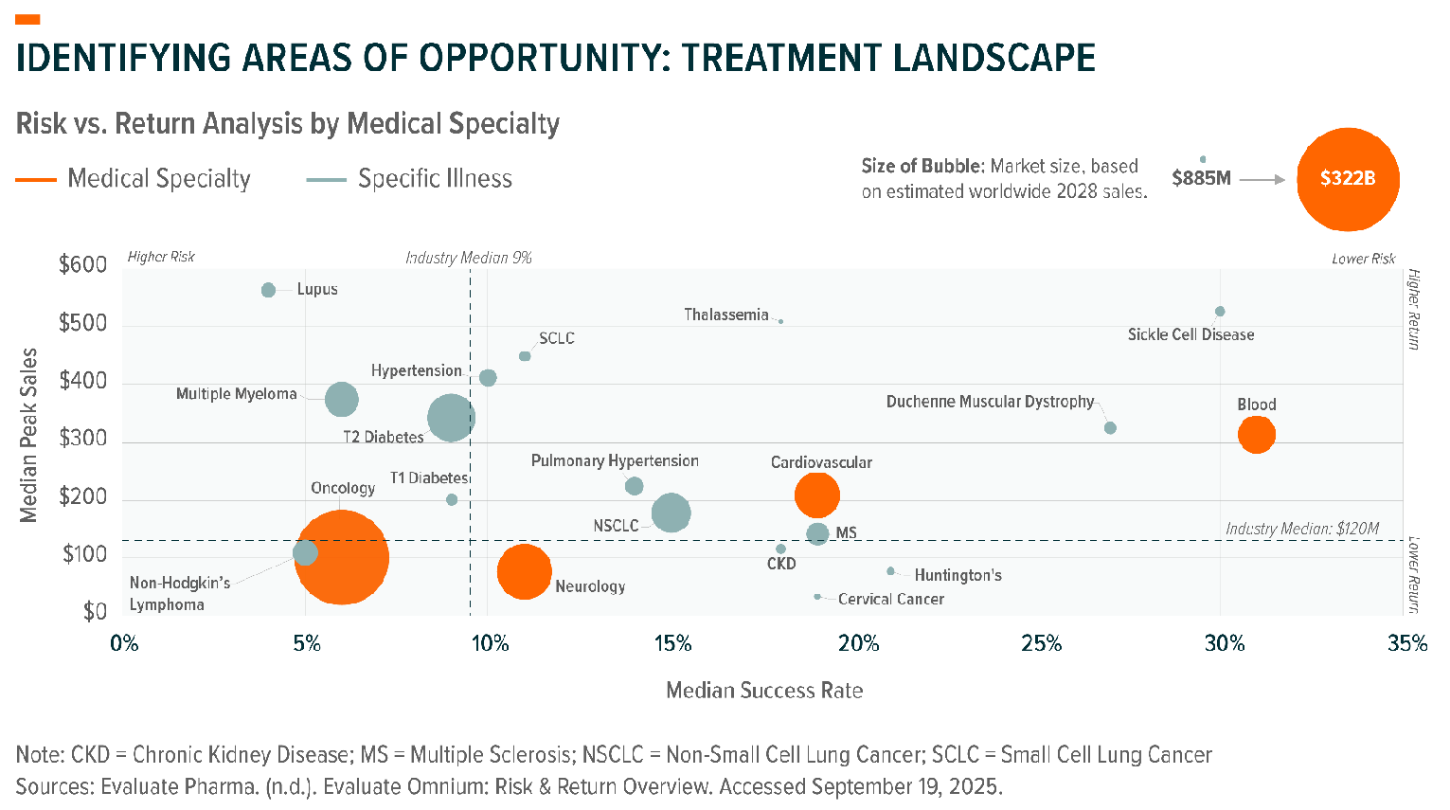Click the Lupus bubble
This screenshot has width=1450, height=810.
tap(268, 290)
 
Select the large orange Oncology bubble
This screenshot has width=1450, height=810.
tap(341, 557)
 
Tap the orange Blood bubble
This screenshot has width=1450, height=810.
tap(1256, 435)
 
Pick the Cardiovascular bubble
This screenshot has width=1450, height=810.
tap(816, 494)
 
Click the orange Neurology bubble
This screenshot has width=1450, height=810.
tap(524, 571)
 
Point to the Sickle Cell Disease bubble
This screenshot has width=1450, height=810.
tap(1220, 312)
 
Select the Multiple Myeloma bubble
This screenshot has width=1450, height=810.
tap(341, 399)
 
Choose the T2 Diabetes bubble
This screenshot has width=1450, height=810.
tap(451, 418)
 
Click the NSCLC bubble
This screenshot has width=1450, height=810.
tap(671, 513)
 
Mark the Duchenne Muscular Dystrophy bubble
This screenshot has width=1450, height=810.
tap(1110, 428)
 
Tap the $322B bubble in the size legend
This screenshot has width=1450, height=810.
tap(1347, 179)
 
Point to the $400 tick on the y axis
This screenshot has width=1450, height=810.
tap(83, 382)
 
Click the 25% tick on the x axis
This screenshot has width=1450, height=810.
tap(1041, 644)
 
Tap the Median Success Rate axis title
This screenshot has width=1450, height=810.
tap(764, 691)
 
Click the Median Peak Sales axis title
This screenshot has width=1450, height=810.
tap(29, 435)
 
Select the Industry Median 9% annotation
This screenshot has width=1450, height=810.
tap(468, 258)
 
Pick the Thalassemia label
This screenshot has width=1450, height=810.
tap(726, 315)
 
